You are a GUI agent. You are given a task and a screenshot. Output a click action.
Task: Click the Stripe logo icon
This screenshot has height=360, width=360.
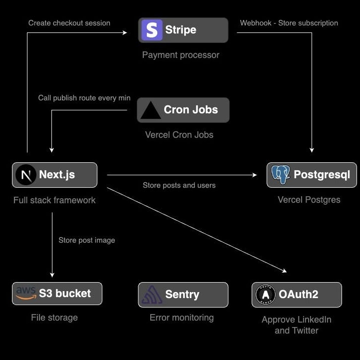tap(152, 30)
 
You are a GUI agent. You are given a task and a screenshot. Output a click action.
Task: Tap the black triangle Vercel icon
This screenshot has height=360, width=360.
tap(150, 110)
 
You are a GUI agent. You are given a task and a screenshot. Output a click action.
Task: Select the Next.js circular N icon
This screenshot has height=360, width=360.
tap(25, 175)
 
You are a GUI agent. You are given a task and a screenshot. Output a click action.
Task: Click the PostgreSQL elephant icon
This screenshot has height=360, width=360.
tap(280, 175)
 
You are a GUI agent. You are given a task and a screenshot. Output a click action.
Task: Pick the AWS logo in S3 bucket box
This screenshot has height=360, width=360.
tap(25, 294)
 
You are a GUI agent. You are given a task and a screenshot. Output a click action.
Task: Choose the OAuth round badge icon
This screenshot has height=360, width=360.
tap(265, 295)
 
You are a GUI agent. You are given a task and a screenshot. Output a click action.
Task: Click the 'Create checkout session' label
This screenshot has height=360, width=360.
tap(69, 23)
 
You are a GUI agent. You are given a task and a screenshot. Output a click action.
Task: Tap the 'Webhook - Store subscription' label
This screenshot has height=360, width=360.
tap(289, 23)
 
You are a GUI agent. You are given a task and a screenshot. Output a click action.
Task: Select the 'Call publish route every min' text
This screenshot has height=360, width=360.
tap(84, 98)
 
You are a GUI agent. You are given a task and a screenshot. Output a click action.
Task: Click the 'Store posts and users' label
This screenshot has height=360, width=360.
tap(179, 185)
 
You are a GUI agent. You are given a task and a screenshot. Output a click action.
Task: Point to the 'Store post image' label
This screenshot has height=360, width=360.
tap(87, 240)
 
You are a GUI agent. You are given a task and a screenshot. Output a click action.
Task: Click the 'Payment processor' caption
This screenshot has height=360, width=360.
tap(181, 55)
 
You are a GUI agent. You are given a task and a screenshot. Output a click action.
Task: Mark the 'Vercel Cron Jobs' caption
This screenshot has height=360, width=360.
tap(179, 135)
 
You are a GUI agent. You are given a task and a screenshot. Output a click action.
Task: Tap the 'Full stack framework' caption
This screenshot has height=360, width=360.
tap(54, 200)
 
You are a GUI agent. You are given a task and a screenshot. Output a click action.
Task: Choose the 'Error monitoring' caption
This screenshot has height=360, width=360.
tap(182, 318)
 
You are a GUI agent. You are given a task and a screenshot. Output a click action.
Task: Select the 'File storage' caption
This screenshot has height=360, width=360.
tap(54, 317)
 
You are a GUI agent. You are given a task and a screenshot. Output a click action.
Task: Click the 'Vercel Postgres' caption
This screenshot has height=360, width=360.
tap(309, 200)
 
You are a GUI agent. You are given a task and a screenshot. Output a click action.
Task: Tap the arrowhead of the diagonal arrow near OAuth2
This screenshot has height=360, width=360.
tap(285, 272)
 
